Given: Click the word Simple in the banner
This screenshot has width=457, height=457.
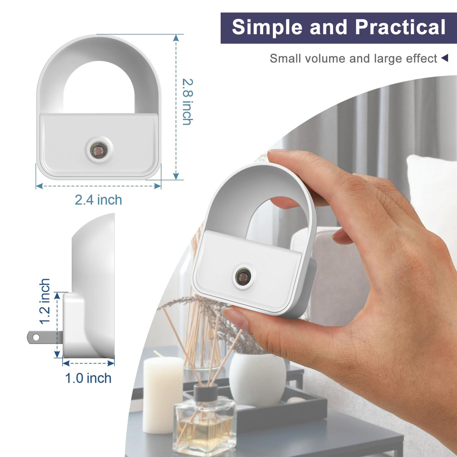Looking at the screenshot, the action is [x=267, y=28].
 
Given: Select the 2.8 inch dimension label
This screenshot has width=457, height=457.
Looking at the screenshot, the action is [x=188, y=102].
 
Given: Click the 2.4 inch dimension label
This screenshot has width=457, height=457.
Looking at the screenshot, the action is [x=99, y=200].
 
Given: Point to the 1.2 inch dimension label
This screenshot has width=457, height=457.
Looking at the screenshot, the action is [x=45, y=301].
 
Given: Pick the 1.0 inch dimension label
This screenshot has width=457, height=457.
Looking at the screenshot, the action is [x=88, y=378].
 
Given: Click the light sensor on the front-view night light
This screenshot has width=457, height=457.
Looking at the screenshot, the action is [x=99, y=150].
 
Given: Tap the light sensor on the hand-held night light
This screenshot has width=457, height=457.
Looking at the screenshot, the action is [x=243, y=276].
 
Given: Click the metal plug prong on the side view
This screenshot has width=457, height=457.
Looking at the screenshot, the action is [x=45, y=337].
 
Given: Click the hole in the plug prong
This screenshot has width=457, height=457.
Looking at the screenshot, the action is [x=36, y=337].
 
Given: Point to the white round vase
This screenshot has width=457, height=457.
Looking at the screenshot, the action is [x=258, y=379].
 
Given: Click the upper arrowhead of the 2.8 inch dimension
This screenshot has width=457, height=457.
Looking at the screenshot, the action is [x=176, y=38].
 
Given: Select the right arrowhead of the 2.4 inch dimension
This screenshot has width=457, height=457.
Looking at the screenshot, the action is [x=157, y=186].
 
